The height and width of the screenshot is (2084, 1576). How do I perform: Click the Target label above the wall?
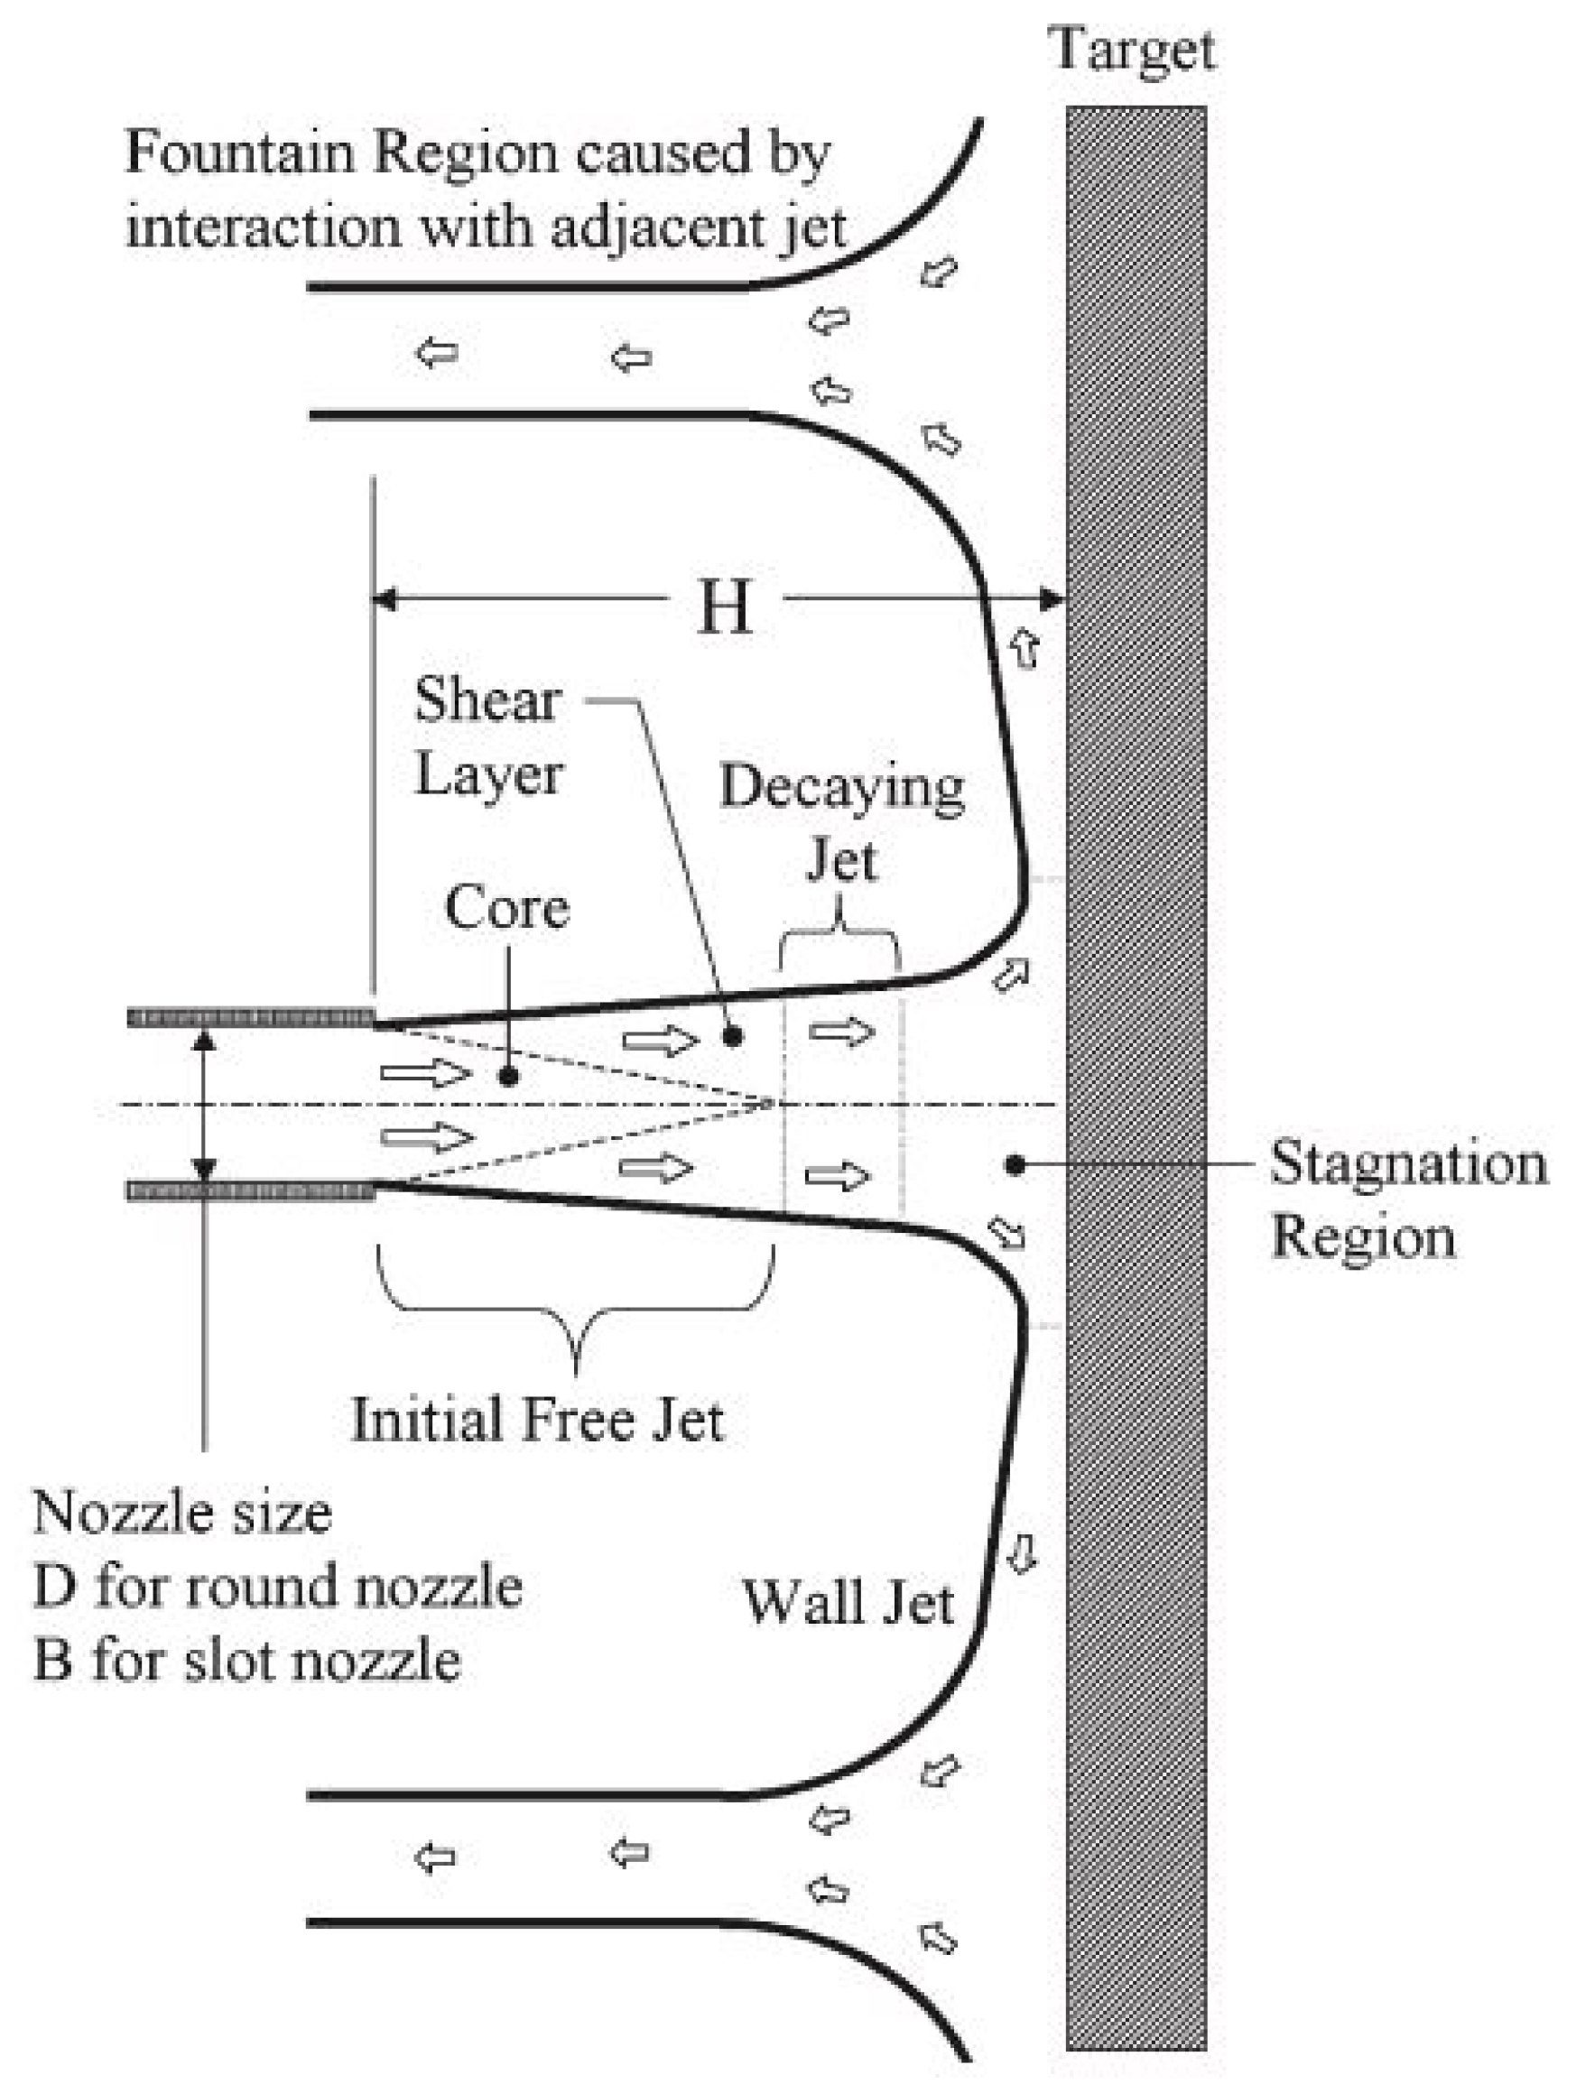coord(1130,49)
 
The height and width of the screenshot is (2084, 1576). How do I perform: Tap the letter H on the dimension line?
coord(726,607)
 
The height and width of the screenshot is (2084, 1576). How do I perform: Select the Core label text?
coord(506,908)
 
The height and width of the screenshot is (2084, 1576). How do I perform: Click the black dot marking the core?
coord(508,1075)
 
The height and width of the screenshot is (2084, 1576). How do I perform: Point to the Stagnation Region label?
coord(1407,1200)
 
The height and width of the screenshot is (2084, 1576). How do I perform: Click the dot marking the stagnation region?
coord(1014,1164)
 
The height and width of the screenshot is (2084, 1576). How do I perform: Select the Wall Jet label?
coord(848,1601)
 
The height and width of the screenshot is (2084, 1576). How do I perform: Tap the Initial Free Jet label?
coord(537,1420)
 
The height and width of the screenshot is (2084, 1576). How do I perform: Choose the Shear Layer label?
coord(488,737)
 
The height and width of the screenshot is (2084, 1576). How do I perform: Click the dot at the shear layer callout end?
coord(732,1036)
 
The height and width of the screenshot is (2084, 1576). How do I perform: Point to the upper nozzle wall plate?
coord(251,1017)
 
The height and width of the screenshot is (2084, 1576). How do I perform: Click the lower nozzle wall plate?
coord(251,1191)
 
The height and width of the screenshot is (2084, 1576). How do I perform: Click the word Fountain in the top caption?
coord(240,153)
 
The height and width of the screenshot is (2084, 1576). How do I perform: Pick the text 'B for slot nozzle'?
coord(246,1660)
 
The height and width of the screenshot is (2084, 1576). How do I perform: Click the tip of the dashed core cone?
coord(773,1102)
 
